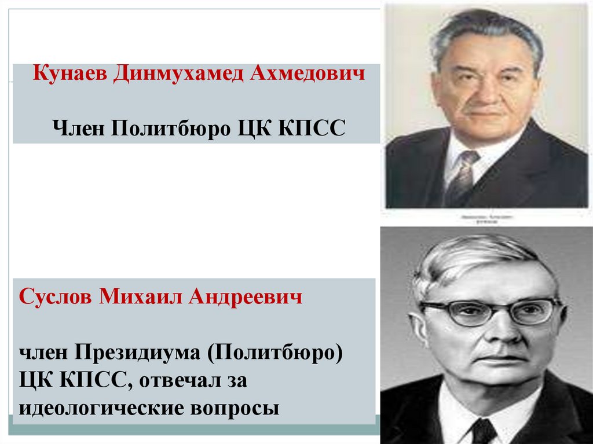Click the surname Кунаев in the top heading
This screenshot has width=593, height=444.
[x=69, y=74]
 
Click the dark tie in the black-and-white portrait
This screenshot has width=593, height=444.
[x=484, y=431]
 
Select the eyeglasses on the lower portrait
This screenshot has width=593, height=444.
[x=490, y=311]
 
